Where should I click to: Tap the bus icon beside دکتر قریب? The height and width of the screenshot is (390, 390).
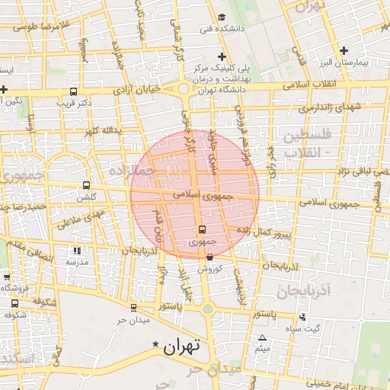(x=62, y=101)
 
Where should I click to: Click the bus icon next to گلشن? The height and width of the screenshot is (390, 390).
(x=85, y=185)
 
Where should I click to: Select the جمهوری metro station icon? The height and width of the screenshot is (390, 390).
(x=202, y=230)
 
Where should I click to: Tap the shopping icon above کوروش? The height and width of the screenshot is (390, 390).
(x=209, y=257)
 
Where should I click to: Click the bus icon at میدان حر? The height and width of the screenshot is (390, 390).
(x=134, y=308)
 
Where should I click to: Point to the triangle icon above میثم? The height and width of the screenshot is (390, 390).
(x=263, y=337)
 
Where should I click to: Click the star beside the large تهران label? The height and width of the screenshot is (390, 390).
(x=156, y=344)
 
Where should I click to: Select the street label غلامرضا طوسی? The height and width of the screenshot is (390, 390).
(x=40, y=27)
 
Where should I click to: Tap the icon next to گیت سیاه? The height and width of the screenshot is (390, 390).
(x=303, y=317)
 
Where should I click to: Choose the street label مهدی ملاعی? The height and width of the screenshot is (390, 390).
(x=78, y=217)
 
